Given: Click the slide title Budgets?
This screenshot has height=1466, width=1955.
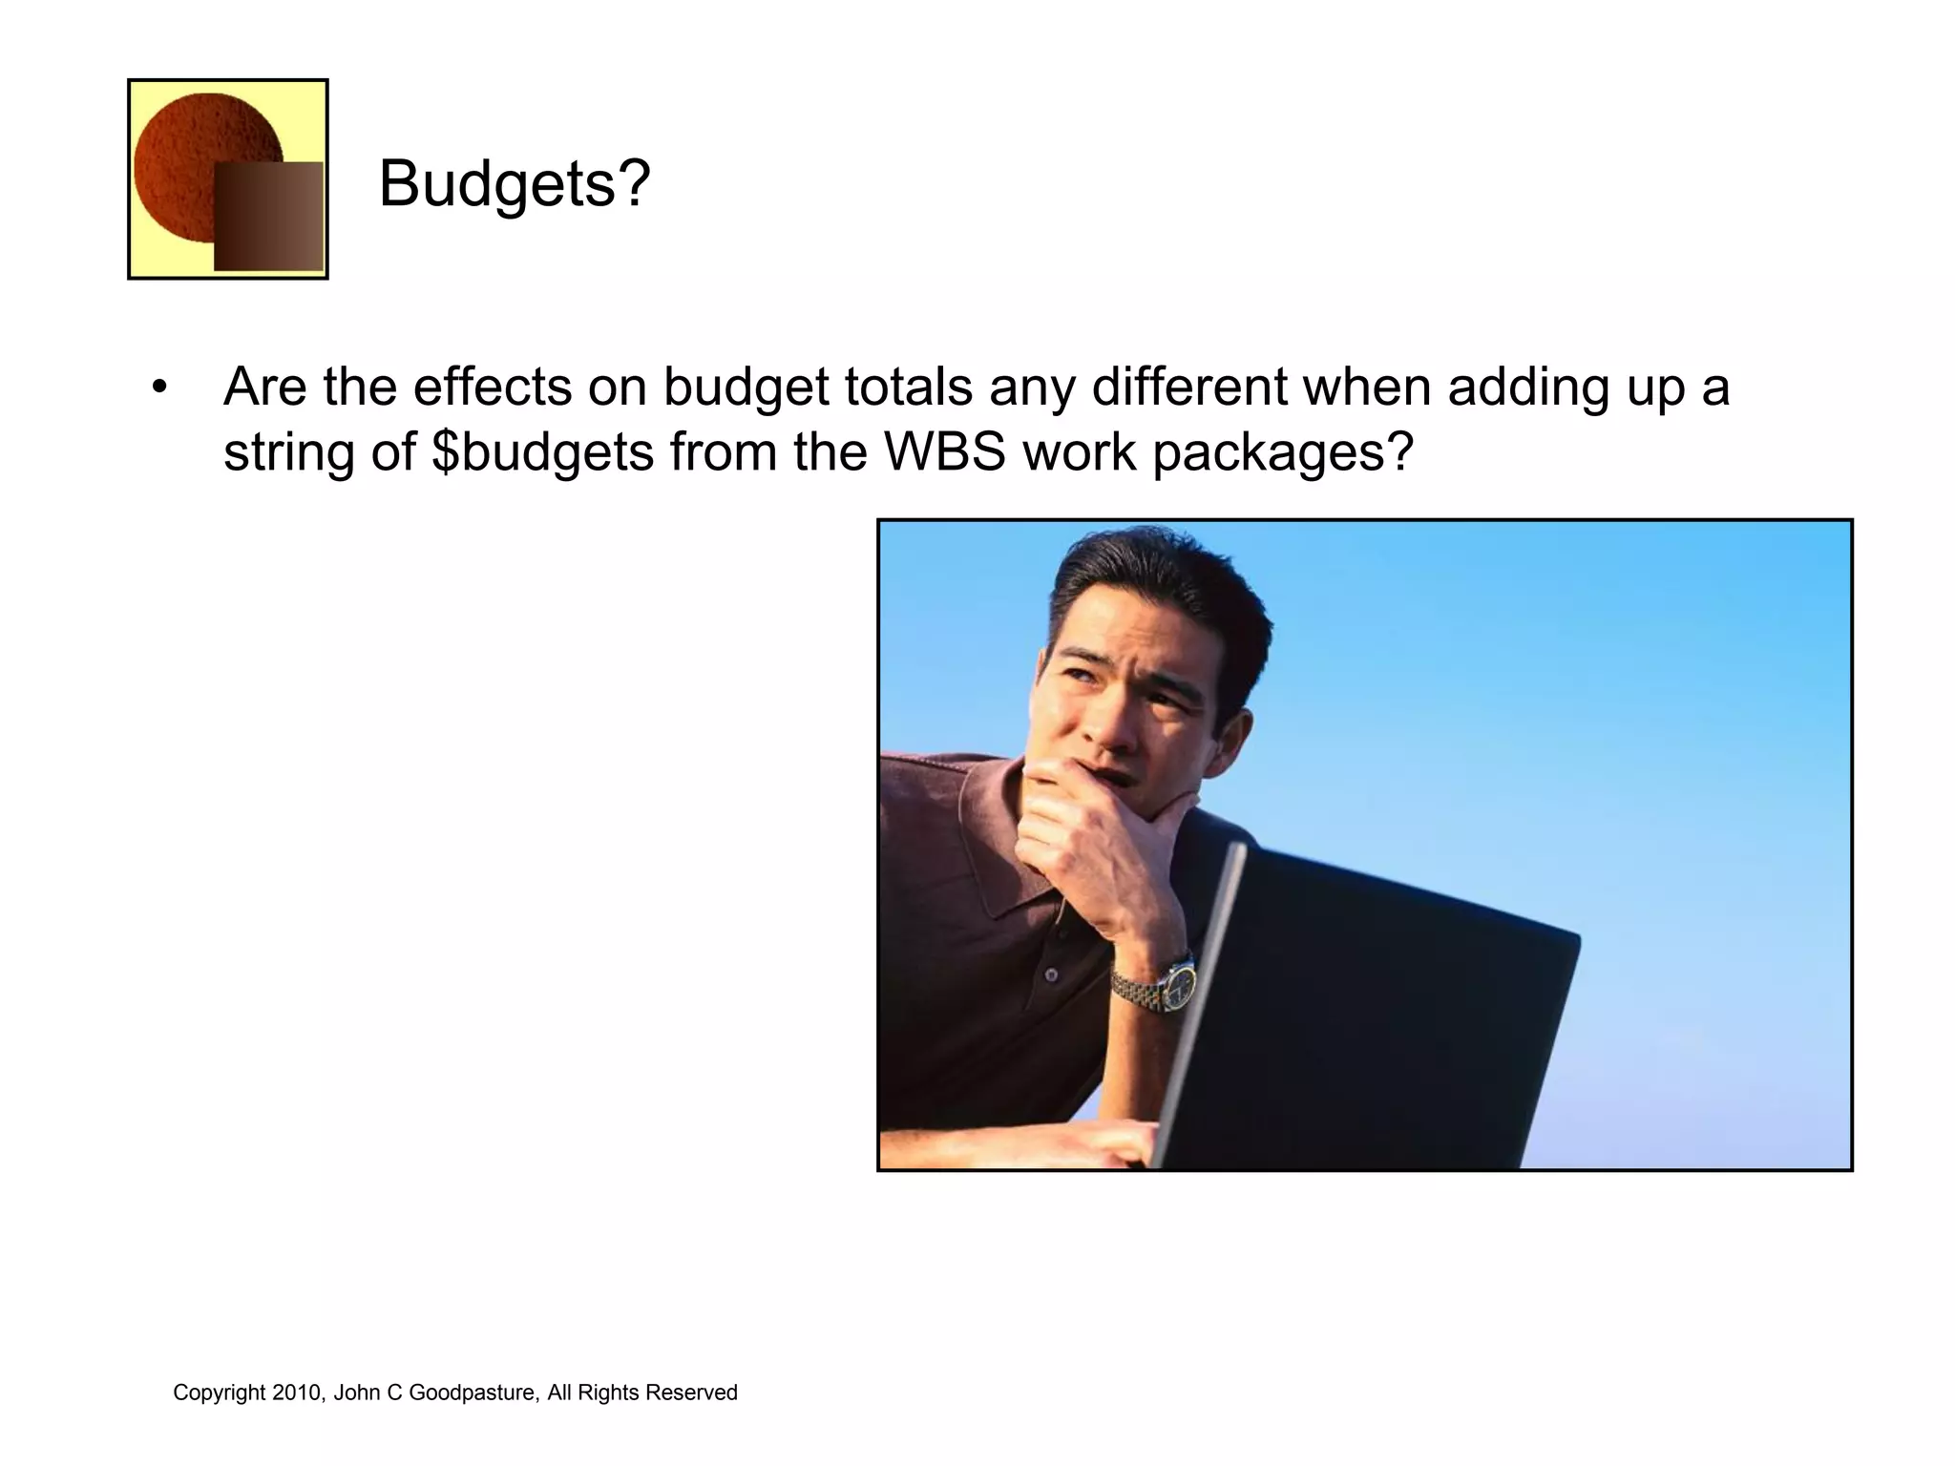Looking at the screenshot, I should coord(514,183).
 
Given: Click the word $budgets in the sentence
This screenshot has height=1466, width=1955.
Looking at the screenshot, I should coord(542,452).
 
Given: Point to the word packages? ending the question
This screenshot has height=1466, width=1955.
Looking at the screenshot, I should coord(1282,452).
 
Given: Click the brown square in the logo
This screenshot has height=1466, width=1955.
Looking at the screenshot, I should coord(268,217).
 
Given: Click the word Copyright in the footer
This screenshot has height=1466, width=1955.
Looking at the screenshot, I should coord(219,1393).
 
